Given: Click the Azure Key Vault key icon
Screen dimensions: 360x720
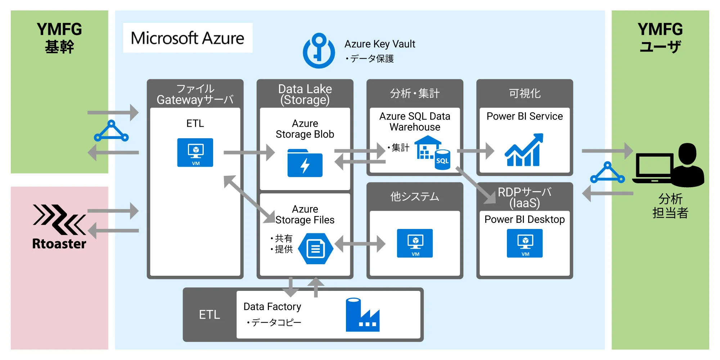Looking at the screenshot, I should (319, 51).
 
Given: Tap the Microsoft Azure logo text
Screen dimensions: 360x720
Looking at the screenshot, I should (187, 38).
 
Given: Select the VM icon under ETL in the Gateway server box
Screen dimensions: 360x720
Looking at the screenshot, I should (195, 153).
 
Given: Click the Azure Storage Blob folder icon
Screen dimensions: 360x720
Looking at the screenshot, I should (305, 163).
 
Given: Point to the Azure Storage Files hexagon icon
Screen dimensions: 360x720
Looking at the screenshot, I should (316, 248).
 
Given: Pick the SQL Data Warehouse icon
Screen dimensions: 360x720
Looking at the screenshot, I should (432, 152).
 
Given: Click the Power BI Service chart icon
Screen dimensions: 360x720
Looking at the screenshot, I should (524, 150).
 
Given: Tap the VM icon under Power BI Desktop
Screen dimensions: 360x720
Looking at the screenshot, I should (525, 243).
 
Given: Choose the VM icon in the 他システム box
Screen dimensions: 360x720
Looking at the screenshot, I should (415, 243).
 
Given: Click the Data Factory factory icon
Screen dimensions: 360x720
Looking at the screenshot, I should (362, 315).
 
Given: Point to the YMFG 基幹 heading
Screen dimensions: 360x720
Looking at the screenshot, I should (59, 38).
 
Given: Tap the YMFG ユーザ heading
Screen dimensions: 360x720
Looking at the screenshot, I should (660, 38).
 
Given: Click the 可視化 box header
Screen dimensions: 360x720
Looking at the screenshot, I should (525, 93).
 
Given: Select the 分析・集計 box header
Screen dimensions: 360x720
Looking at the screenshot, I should (415, 93).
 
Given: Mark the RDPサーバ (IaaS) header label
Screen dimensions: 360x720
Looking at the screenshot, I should (525, 197).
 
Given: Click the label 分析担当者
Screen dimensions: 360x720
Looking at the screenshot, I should (670, 206).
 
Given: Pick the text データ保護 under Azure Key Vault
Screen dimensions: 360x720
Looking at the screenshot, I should (372, 59).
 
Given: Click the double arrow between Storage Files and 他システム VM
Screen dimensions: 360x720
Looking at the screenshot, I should (360, 244).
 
